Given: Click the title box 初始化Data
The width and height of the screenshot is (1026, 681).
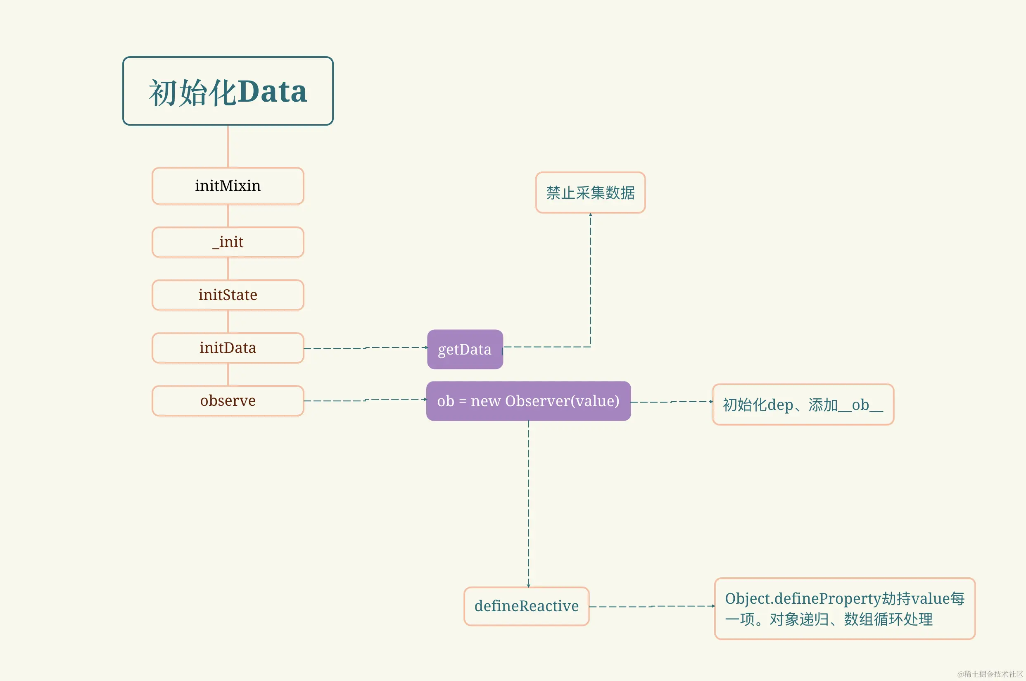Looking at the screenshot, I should coord(228,91).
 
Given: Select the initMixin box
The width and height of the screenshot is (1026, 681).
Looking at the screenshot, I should coord(228,186).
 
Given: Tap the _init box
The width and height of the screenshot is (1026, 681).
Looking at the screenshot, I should coord(228,242).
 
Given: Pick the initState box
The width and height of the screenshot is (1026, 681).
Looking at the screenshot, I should coord(228,295).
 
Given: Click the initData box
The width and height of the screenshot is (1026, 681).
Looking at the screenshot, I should coord(228,348).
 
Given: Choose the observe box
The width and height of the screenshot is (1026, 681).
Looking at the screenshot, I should coord(228,400).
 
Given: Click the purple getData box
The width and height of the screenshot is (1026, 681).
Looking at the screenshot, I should coord(465,349).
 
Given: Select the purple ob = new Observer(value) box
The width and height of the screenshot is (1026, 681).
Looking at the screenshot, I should coord(528,401).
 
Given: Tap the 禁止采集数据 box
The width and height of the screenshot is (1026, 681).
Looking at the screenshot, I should coord(590,193).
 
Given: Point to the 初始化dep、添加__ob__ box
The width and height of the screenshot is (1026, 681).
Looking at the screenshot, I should coord(803,404).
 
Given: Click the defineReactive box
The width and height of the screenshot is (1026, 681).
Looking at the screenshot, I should coord(527,606).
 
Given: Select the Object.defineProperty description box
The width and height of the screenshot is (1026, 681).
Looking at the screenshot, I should coord(845,608).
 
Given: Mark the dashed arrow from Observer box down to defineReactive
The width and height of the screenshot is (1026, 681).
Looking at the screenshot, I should coord(528,504).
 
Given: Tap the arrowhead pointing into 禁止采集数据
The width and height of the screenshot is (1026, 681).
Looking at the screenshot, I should coord(590,214).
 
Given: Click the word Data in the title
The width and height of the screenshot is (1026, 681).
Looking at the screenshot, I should coord(272,92).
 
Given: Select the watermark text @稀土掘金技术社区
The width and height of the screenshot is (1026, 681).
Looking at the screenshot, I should coord(990,674).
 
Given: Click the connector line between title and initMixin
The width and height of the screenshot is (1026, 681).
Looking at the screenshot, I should coord(228,146).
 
